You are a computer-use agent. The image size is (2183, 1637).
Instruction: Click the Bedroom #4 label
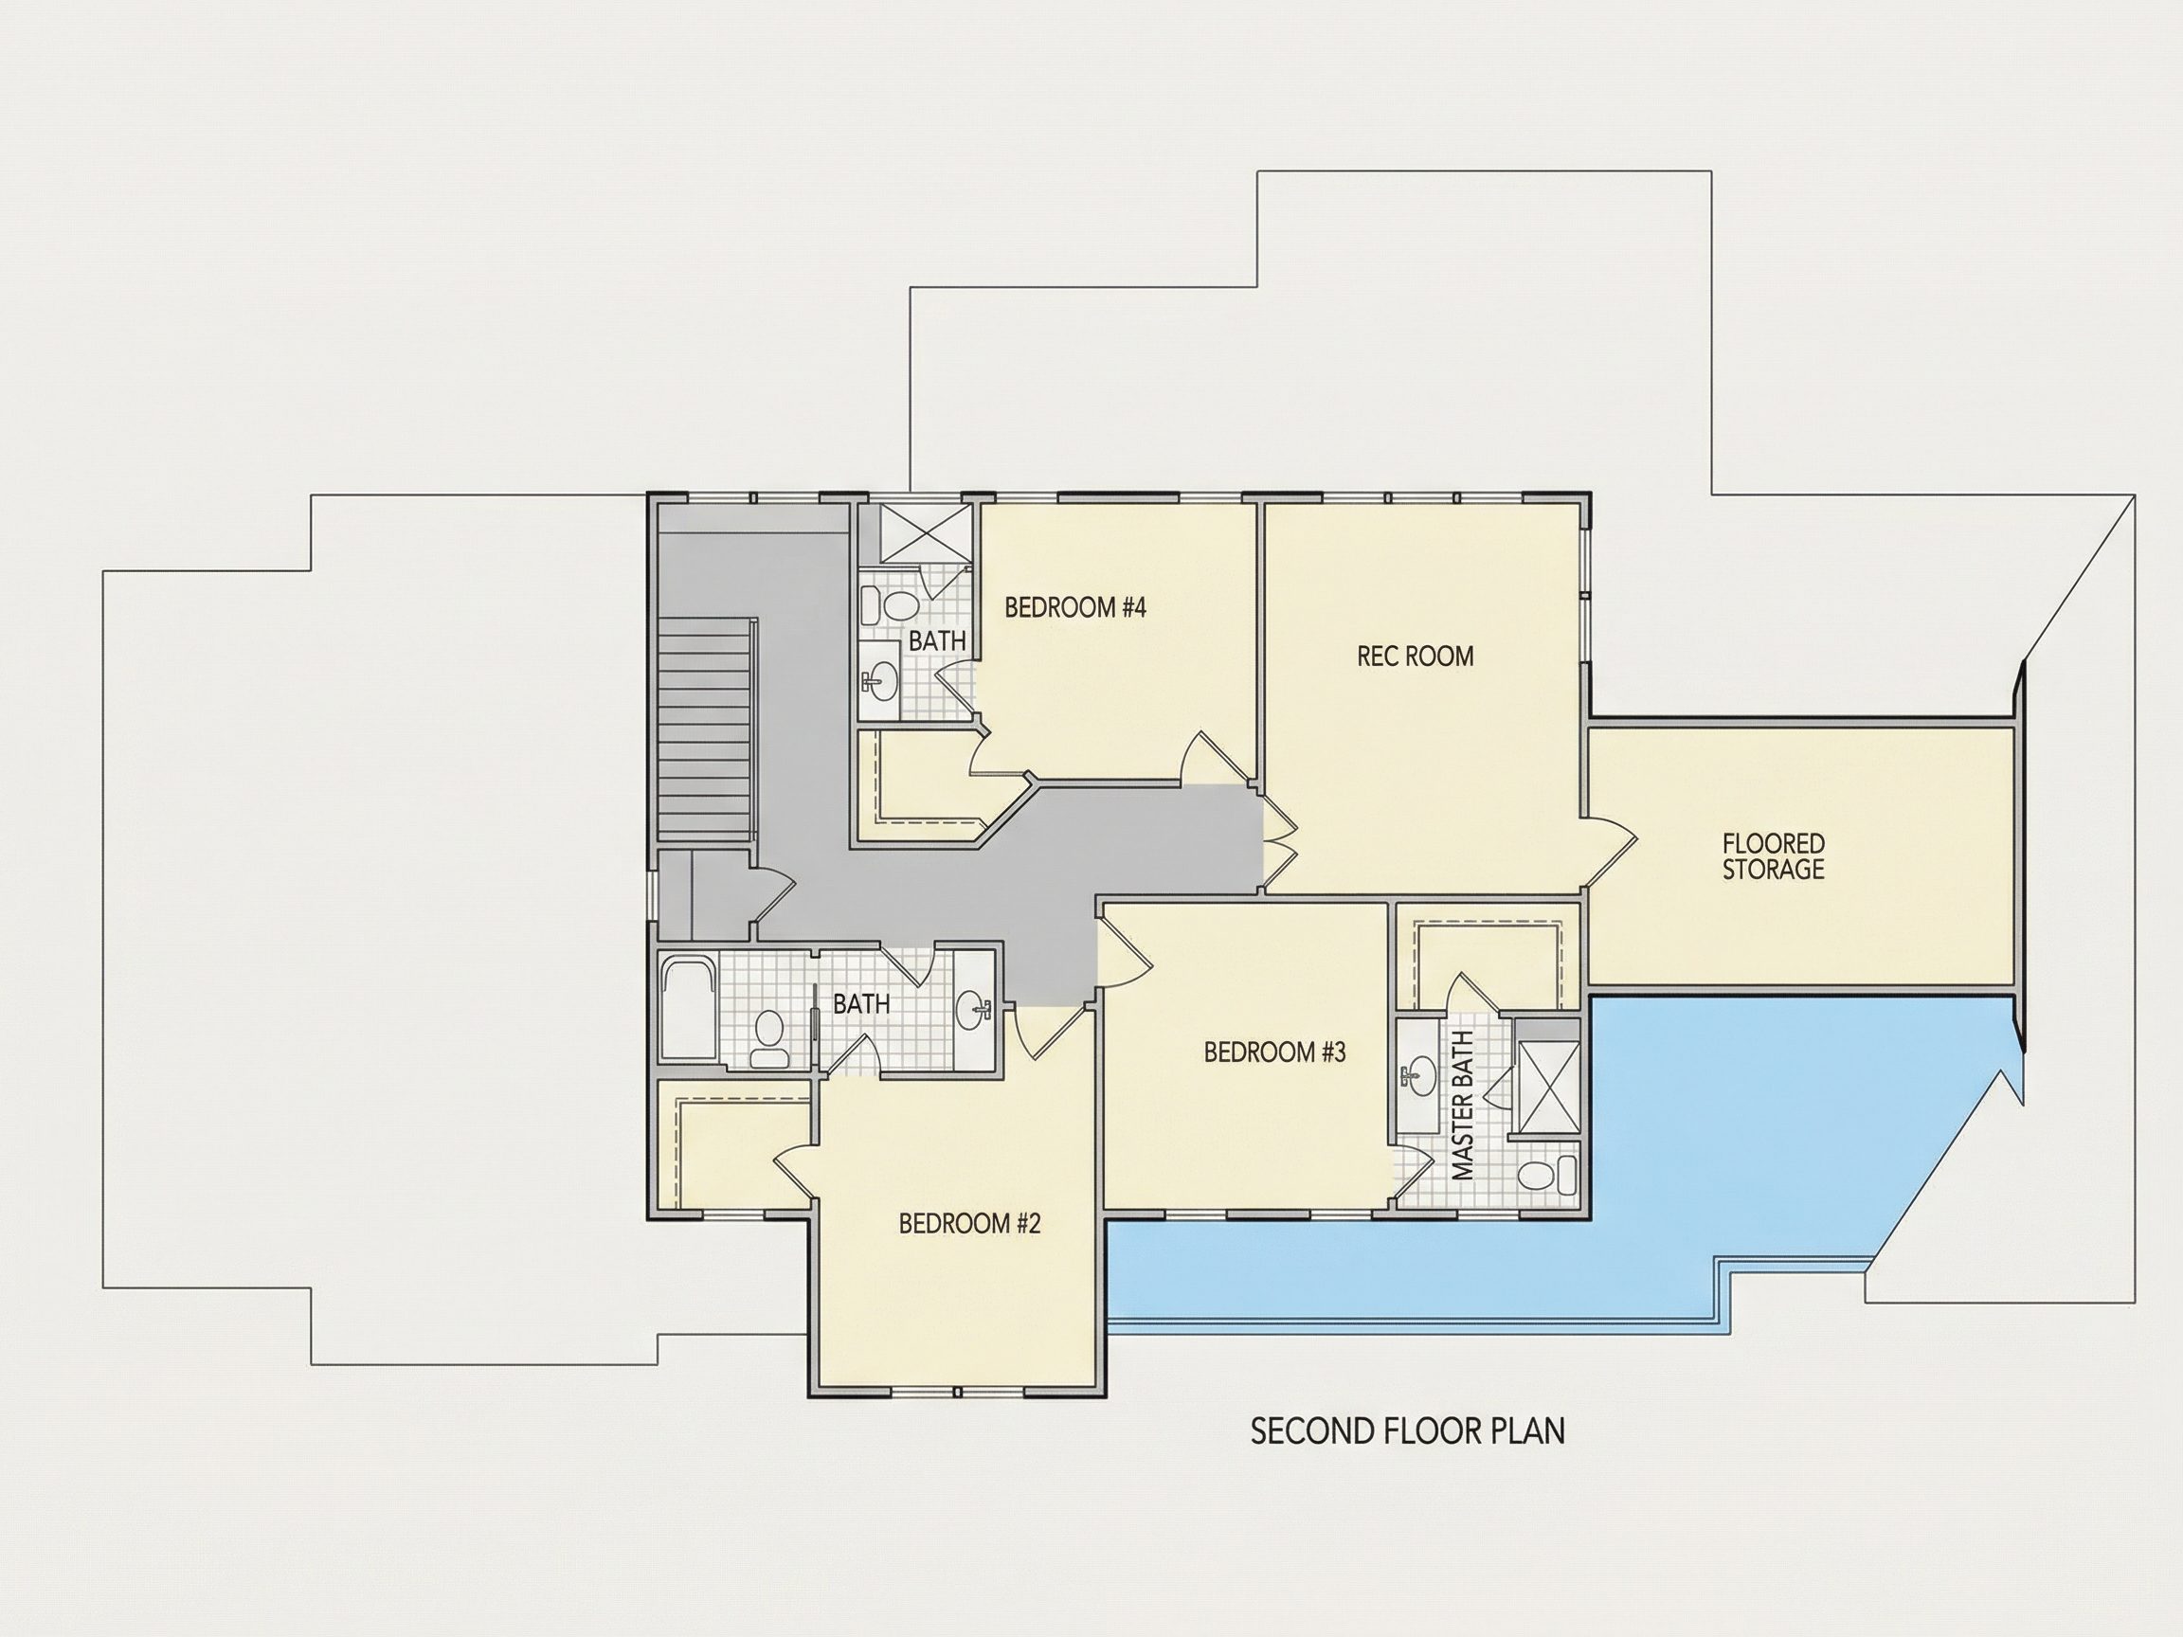coord(1074,608)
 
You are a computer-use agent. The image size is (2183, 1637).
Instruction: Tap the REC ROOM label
coord(1416,657)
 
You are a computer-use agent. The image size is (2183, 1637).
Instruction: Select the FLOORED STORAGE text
coord(1774,856)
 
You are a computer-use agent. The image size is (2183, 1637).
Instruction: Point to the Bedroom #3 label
coord(1275,1052)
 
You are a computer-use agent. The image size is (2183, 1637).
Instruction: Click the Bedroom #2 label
coord(970,1225)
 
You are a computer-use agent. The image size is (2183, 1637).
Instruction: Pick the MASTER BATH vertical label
coord(1464,1106)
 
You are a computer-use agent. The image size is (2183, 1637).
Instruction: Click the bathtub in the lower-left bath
coord(688,1010)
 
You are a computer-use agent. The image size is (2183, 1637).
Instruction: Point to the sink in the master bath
coord(1418,1076)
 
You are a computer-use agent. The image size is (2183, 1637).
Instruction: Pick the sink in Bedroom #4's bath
coord(879,680)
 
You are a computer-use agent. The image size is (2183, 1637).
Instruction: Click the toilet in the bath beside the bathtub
coord(767,1038)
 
